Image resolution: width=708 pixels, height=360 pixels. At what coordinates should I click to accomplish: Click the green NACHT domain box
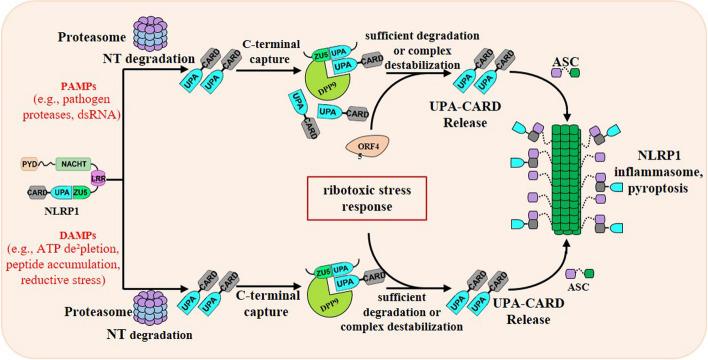tap(75, 164)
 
